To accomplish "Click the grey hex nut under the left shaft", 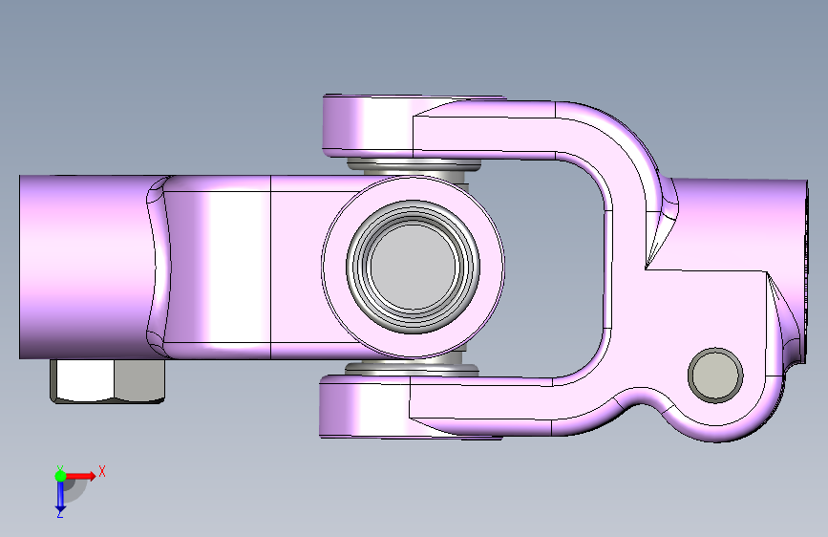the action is (x=108, y=380).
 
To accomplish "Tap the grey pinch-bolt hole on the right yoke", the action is (x=715, y=375).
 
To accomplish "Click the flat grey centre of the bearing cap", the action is (x=414, y=267).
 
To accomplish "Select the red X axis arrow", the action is (x=79, y=476).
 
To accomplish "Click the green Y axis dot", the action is (x=60, y=476).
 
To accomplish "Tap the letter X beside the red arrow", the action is (x=102, y=471).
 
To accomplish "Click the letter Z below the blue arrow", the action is (x=60, y=514).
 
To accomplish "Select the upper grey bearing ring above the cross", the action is (x=414, y=166).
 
